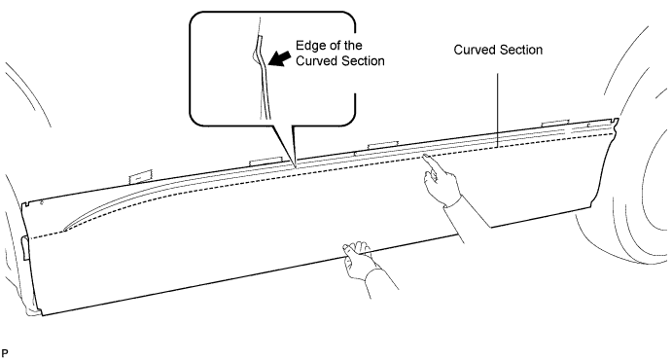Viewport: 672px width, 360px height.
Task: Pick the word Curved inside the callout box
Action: pyautogui.click(x=315, y=61)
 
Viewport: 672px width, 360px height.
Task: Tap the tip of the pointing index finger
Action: pyautogui.click(x=423, y=157)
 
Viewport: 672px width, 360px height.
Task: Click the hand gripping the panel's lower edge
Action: pyautogui.click(x=361, y=259)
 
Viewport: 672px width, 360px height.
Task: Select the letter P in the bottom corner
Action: pyautogui.click(x=4, y=353)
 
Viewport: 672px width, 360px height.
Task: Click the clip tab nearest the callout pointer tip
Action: pyautogui.click(x=265, y=161)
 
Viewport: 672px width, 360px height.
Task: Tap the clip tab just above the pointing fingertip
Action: pyautogui.click(x=383, y=145)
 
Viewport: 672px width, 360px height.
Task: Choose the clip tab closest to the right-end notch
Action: pyautogui.click(x=555, y=124)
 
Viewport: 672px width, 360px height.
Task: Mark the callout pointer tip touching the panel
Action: pyautogui.click(x=295, y=165)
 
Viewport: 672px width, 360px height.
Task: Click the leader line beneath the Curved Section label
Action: pyautogui.click(x=498, y=110)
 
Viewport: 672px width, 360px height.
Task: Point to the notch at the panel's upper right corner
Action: pyautogui.click(x=616, y=122)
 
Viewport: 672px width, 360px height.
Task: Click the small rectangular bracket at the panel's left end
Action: pyautogui.click(x=25, y=247)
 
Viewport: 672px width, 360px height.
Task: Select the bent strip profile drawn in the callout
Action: pyautogui.click(x=262, y=77)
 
